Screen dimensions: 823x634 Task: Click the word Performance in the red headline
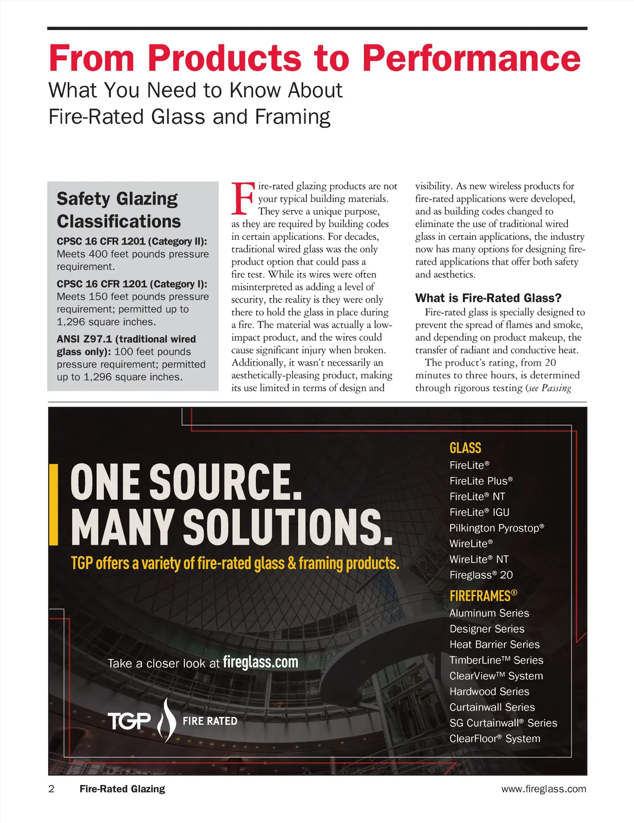(472, 58)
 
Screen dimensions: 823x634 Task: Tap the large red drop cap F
(243, 199)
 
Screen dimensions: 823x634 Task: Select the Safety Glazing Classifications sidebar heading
(118, 210)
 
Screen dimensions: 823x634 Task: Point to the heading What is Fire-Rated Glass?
(488, 298)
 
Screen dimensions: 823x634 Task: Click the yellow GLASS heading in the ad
(465, 448)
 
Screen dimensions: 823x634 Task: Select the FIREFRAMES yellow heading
(483, 596)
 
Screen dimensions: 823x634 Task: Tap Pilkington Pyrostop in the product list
(496, 528)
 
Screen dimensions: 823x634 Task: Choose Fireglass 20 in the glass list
(481, 575)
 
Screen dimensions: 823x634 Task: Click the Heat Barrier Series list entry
(494, 644)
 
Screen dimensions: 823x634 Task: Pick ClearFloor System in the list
(495, 738)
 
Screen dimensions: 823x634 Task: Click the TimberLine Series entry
(496, 660)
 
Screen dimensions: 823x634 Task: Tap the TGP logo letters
(129, 721)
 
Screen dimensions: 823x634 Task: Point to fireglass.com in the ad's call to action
(260, 662)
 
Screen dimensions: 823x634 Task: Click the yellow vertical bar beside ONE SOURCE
(53, 504)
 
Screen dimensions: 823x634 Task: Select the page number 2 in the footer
(51, 789)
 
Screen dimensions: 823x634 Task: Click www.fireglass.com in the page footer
(543, 789)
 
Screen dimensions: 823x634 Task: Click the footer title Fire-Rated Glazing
(122, 789)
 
